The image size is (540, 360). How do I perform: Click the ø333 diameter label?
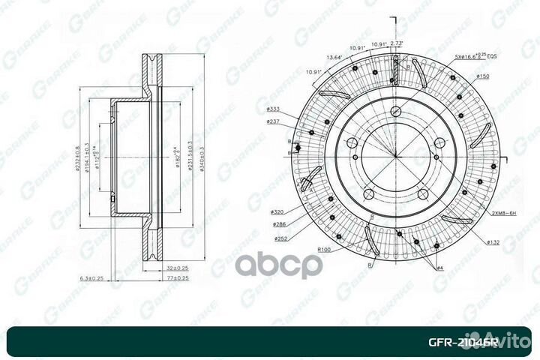(x=273, y=109)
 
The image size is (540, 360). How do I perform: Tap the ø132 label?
(x=492, y=241)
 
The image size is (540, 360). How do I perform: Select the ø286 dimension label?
(x=280, y=224)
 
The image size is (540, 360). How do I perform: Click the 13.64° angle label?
(x=334, y=56)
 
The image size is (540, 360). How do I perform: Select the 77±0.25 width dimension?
(x=178, y=278)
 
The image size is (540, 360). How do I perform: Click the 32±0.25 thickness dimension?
(x=177, y=267)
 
